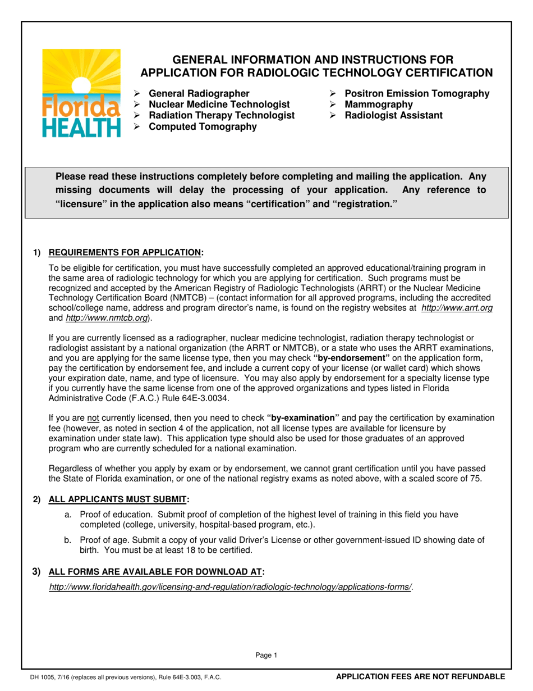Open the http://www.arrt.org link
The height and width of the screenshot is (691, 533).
tap(457, 308)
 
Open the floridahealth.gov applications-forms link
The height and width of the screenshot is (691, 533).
tap(231, 587)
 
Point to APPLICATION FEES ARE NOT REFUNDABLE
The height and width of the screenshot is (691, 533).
tap(420, 677)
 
